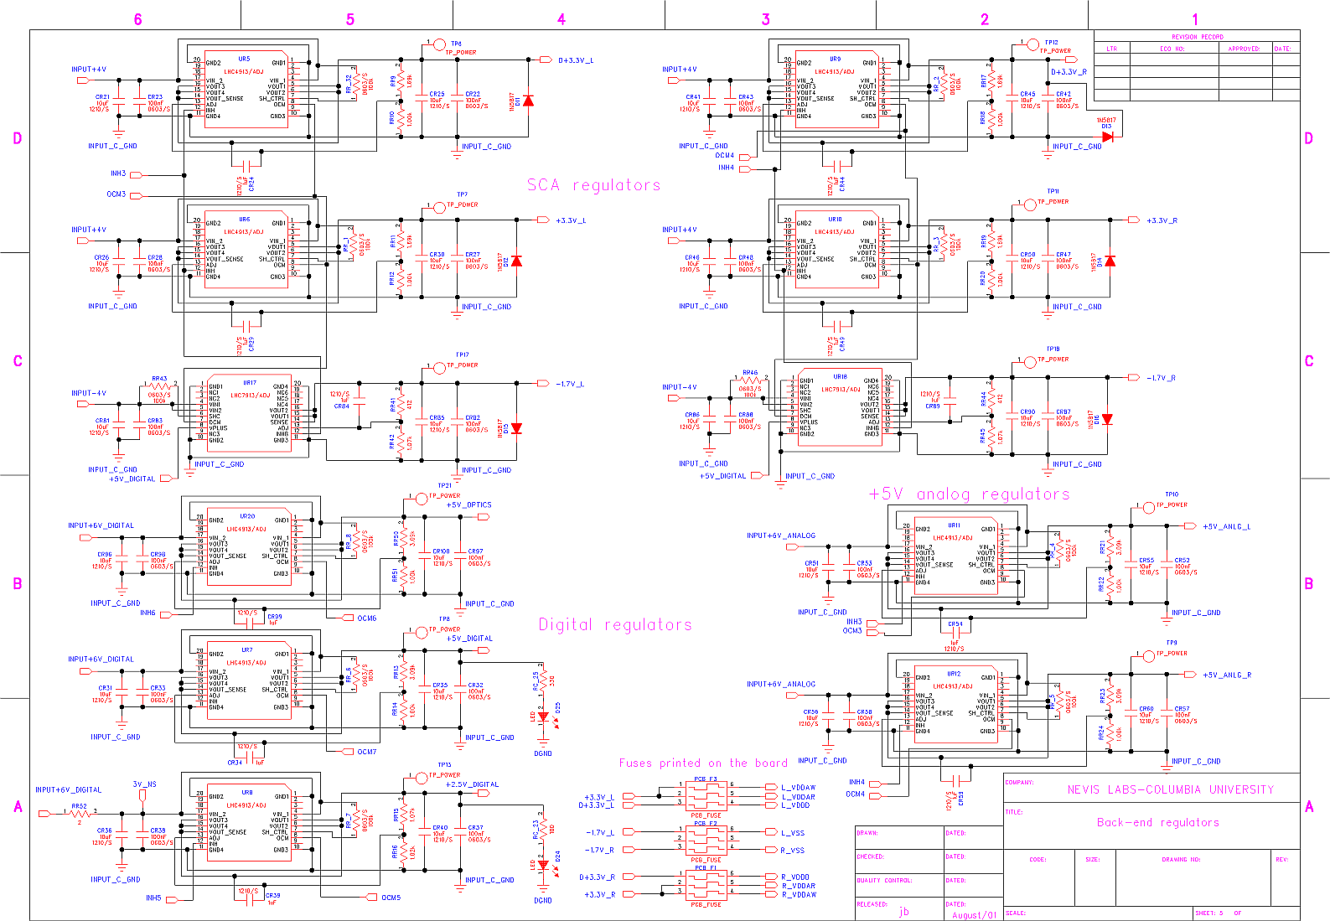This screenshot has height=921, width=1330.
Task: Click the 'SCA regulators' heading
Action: [593, 185]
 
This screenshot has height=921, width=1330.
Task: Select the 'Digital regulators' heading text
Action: [615, 624]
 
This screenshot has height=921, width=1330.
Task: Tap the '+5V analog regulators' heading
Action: [970, 494]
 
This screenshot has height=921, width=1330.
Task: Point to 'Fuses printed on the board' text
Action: [703, 763]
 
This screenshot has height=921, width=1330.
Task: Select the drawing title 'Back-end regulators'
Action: [1157, 822]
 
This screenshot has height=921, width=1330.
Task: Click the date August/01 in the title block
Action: [974, 915]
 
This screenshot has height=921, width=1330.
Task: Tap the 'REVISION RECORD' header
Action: [1197, 37]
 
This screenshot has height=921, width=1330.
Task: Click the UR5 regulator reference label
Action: [244, 60]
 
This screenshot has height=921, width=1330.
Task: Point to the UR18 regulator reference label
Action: [840, 377]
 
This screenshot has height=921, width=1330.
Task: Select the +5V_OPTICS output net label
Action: [469, 505]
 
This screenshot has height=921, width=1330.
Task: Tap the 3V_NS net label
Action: [144, 784]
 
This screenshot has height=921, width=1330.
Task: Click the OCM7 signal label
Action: [367, 752]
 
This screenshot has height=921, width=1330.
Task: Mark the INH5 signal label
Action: [153, 898]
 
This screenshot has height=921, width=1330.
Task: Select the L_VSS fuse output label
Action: [792, 832]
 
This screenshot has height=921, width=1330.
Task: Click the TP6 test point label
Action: [456, 44]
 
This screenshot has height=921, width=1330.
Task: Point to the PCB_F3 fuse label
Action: [706, 779]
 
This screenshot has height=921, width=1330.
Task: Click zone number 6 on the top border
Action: [137, 19]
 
